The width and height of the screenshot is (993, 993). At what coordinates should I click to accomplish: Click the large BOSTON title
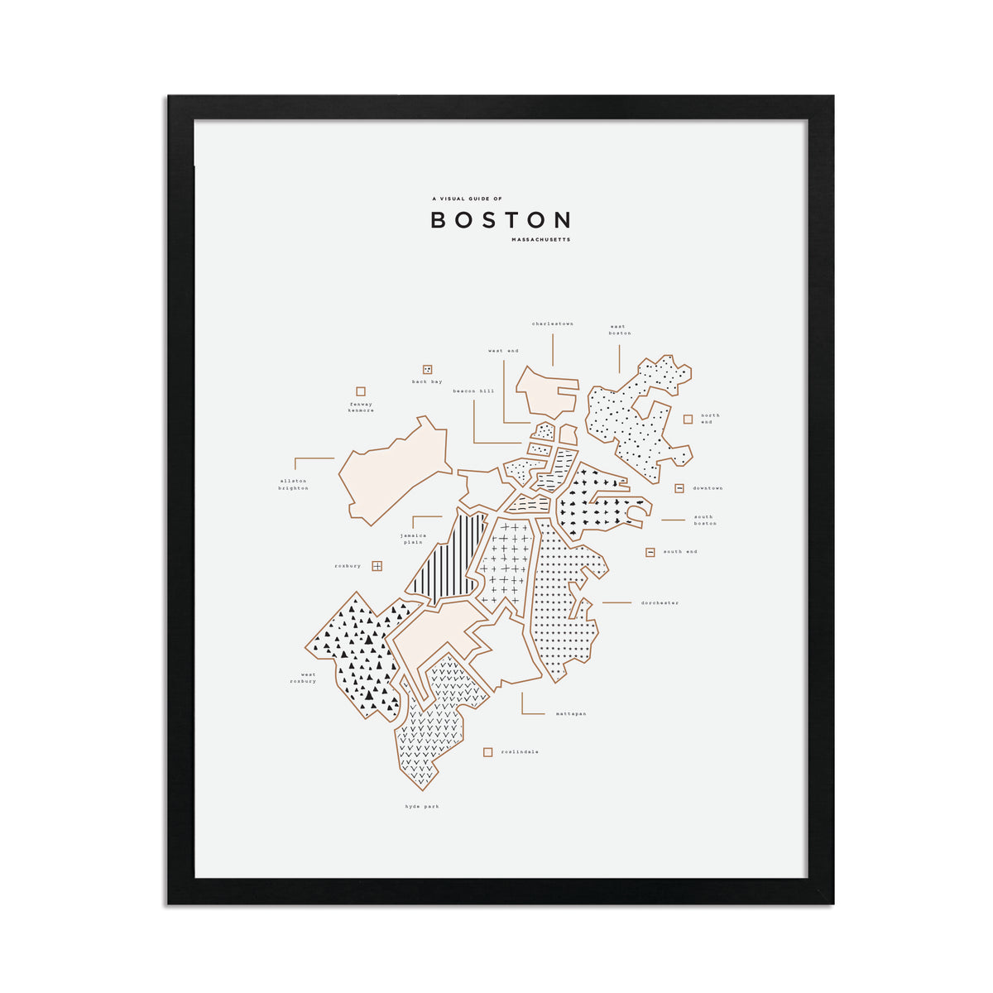pos(501,220)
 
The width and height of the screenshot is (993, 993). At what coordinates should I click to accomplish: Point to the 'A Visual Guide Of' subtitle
pos(467,199)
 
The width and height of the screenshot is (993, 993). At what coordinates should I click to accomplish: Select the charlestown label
pos(552,324)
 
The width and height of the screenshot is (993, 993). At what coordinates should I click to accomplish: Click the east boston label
pos(619,329)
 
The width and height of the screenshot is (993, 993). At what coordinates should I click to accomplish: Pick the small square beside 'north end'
pos(688,419)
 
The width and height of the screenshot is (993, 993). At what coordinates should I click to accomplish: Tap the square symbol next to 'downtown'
pos(679,488)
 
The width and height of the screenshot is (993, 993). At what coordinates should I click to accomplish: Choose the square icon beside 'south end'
pos(650,552)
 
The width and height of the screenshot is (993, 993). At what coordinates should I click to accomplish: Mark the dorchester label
pos(660,603)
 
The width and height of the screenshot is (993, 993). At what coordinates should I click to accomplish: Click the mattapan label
pos(571,713)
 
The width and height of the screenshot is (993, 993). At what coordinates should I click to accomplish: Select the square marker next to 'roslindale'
pos(488,752)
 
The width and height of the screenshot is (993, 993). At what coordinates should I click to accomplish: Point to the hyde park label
pos(422,806)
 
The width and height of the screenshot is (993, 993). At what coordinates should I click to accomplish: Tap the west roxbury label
pos(303,678)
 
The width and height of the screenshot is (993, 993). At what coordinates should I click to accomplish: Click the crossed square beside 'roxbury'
pos(377,566)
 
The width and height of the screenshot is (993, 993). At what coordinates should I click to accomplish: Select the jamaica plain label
pos(413,539)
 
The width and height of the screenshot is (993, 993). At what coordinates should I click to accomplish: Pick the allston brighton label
pos(294,484)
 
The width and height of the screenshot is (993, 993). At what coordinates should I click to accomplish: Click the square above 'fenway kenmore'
pos(361,391)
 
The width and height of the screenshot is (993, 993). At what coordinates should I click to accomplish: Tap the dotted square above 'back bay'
pos(428,369)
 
